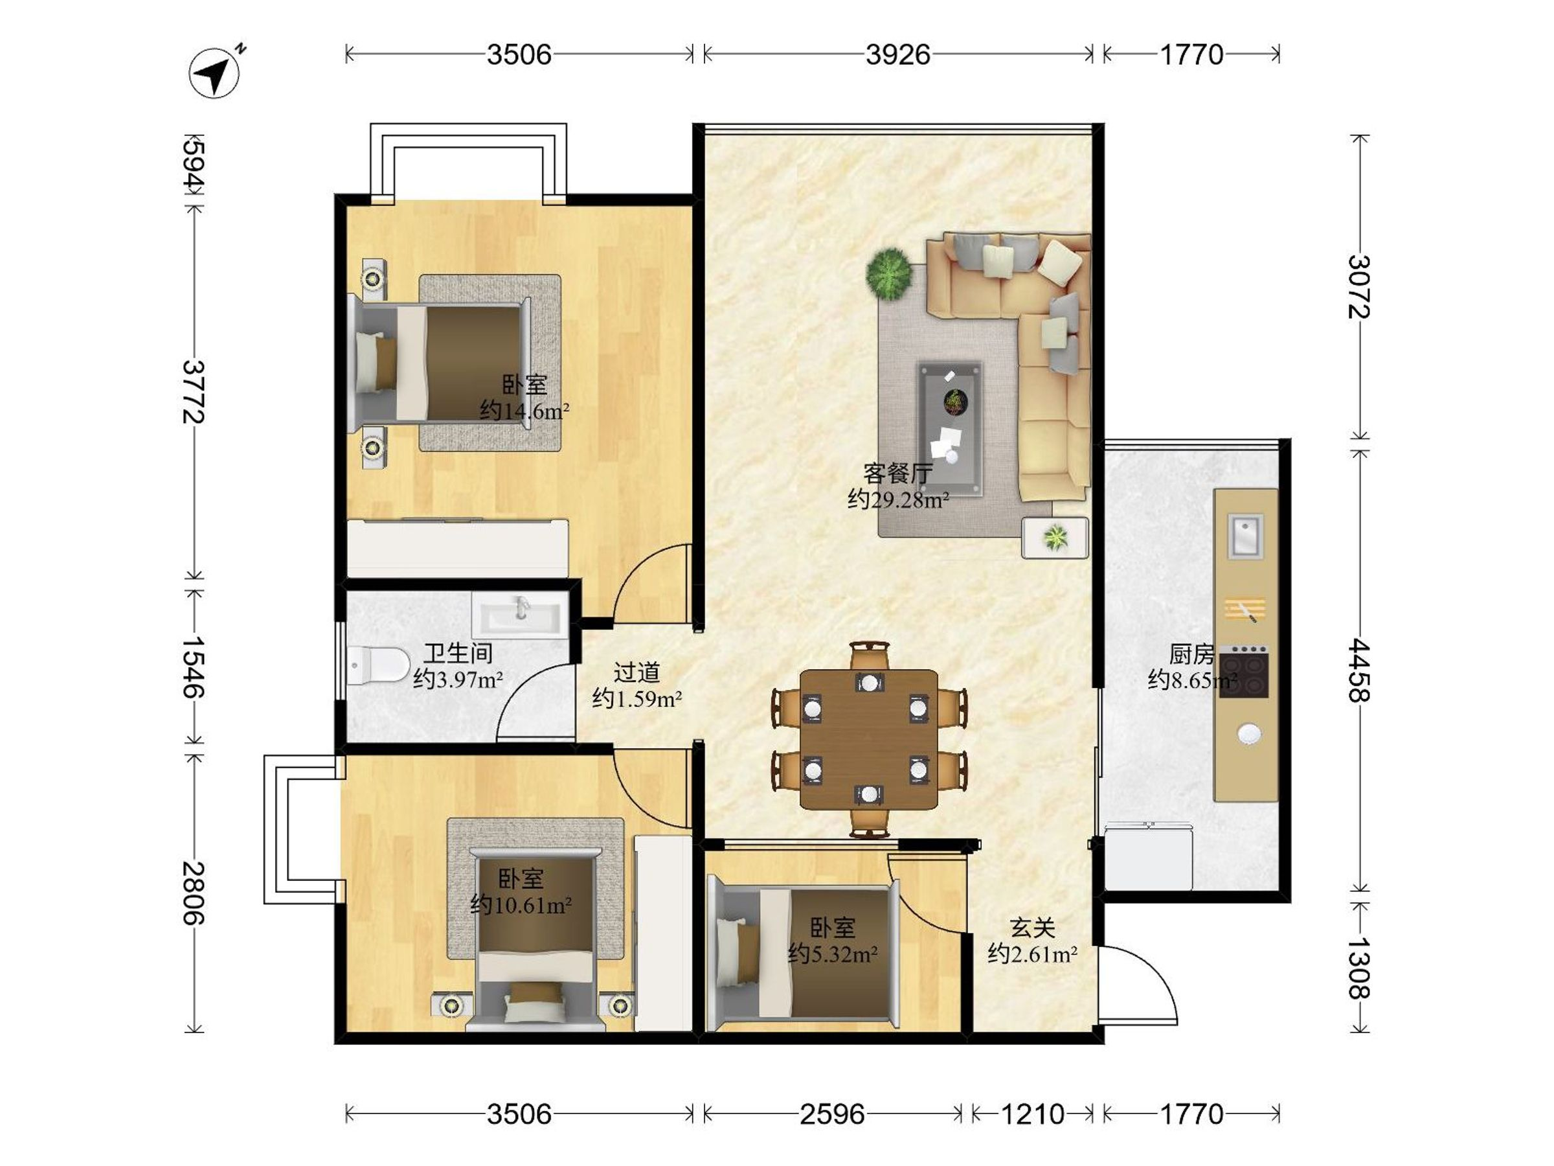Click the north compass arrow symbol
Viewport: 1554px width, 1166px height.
tap(215, 71)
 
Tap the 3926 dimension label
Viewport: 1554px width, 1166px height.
tap(898, 55)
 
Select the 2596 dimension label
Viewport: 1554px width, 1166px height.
tap(832, 1115)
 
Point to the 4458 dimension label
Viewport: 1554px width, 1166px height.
tap(1359, 670)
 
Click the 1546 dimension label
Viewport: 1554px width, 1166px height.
tap(193, 667)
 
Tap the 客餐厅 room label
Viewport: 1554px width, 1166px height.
tap(898, 474)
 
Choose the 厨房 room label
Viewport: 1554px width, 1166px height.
tap(1191, 654)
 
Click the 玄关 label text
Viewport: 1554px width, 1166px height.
tap(1033, 928)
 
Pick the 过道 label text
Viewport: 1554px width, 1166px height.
tap(636, 672)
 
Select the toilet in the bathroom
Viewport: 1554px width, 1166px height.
tap(378, 665)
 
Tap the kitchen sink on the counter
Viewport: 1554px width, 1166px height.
tap(1245, 536)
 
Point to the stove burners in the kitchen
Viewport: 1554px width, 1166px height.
tap(1243, 672)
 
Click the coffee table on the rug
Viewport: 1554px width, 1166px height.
tap(951, 429)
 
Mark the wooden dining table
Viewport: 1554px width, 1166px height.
tap(869, 739)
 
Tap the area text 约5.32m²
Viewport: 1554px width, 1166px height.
tap(833, 954)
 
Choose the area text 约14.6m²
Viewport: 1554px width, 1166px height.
tap(524, 411)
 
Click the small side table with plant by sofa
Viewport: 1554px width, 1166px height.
tap(1055, 538)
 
